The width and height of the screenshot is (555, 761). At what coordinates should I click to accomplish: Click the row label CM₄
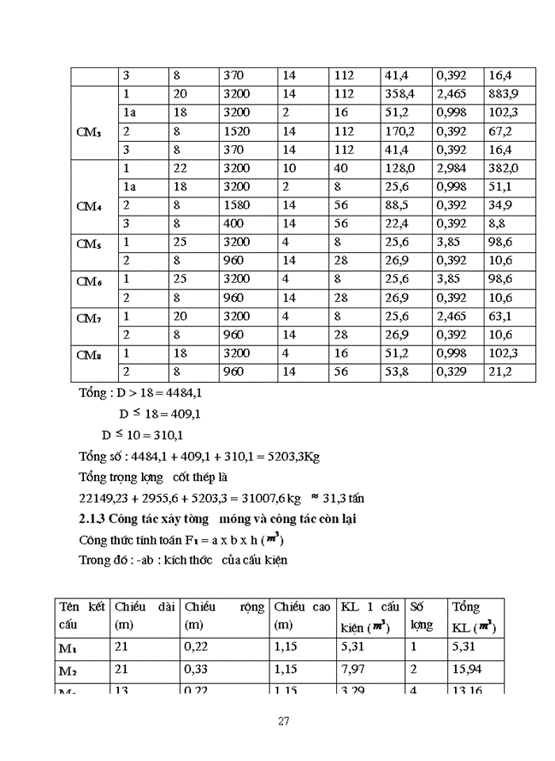(x=88, y=206)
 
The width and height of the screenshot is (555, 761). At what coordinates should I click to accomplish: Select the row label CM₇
(x=88, y=319)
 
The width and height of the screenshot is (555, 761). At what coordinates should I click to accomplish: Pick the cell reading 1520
(x=237, y=131)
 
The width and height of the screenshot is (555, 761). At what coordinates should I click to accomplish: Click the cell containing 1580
(x=237, y=205)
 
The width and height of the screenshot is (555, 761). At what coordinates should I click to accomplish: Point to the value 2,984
(x=453, y=168)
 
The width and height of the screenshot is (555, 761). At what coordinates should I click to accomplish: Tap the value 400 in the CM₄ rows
(x=234, y=224)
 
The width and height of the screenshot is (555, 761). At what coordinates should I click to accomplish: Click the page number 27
(x=283, y=721)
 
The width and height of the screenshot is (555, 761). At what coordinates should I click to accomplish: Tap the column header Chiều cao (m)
(x=301, y=615)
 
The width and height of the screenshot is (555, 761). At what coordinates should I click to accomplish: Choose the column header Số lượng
(x=422, y=615)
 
